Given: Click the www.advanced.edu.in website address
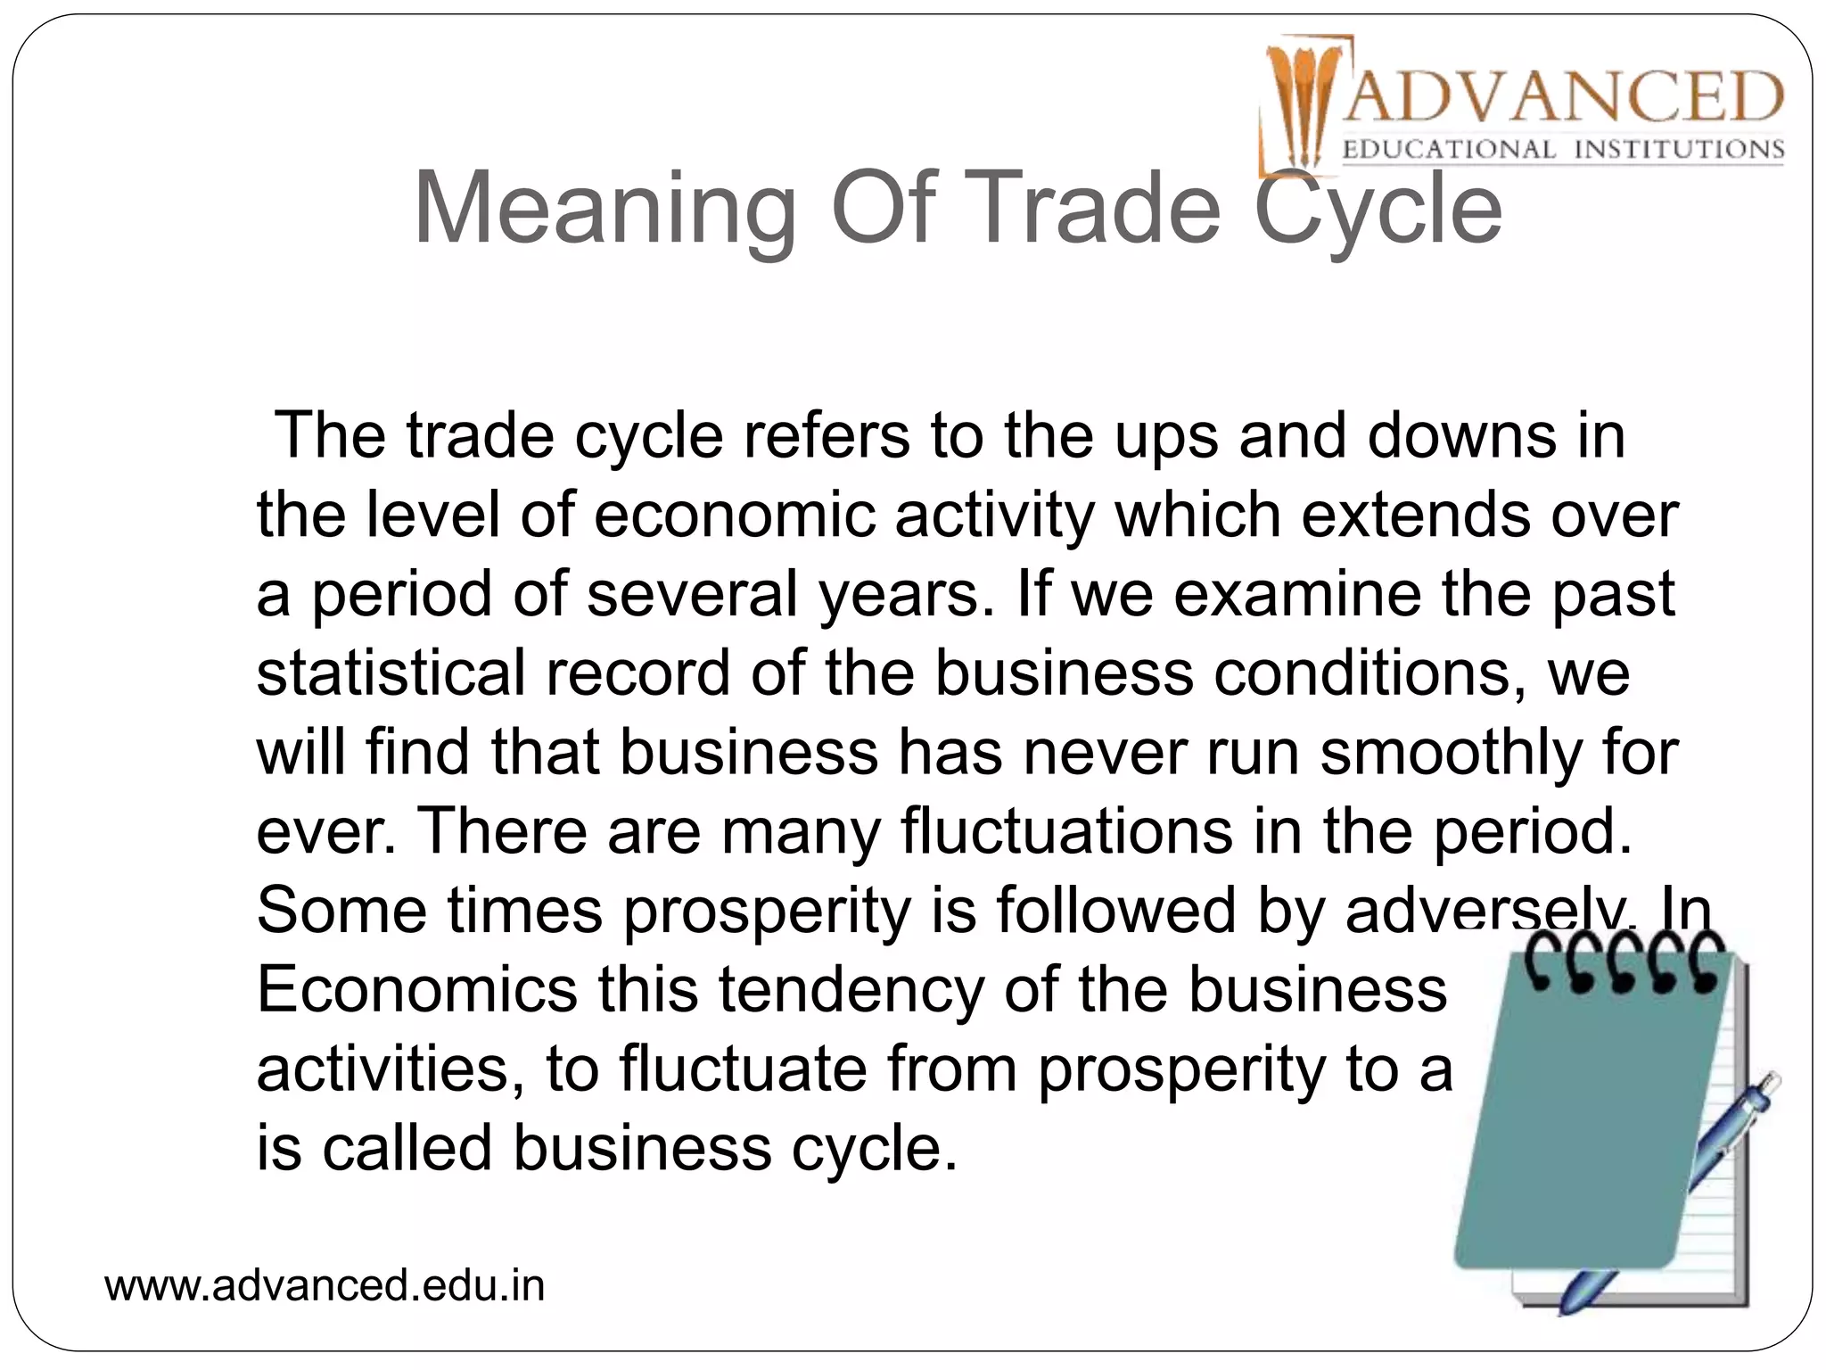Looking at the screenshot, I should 325,1285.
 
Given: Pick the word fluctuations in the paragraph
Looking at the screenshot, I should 1066,830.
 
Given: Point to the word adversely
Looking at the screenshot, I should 1489,910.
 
